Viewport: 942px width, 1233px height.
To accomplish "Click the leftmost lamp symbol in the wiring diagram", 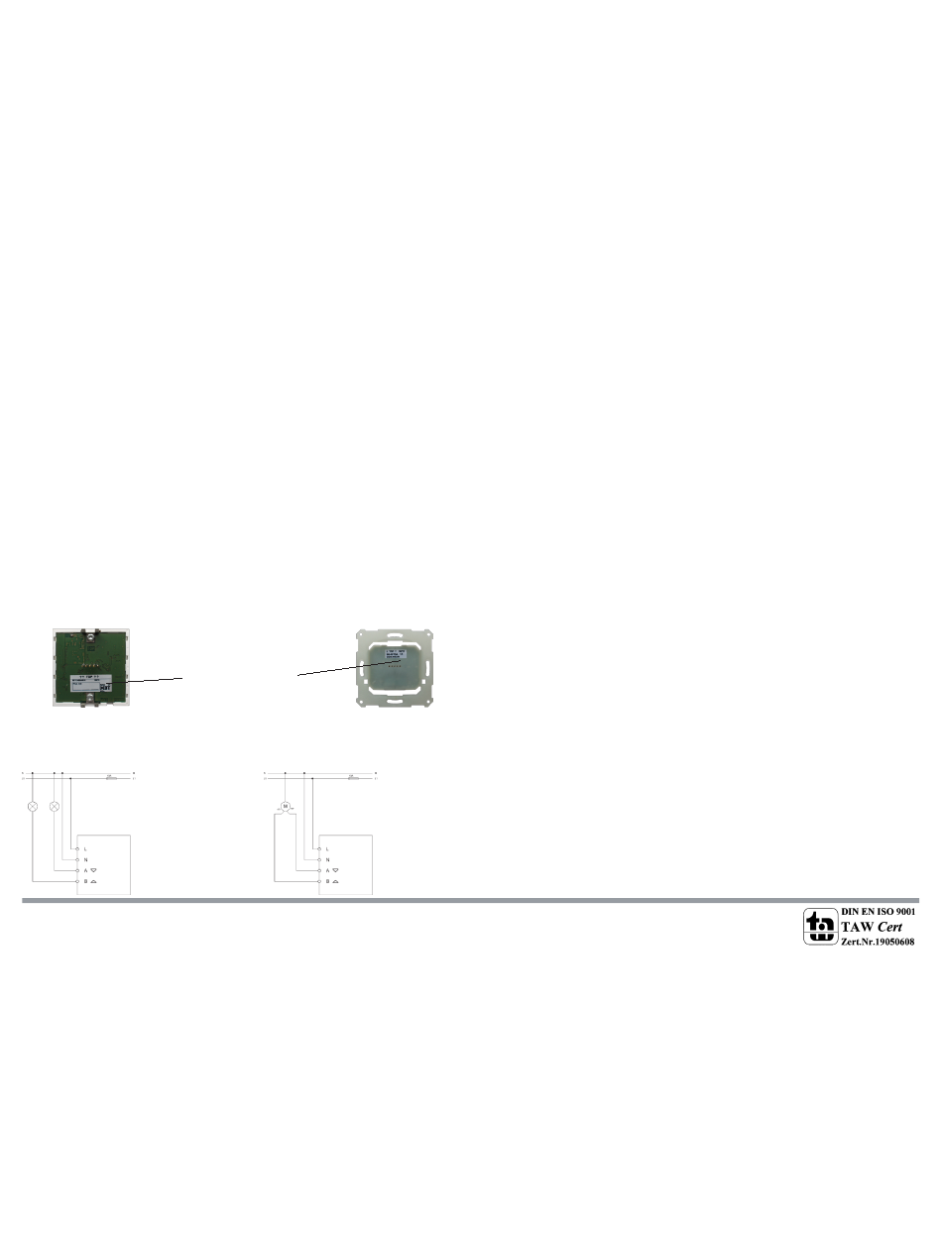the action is [x=33, y=806].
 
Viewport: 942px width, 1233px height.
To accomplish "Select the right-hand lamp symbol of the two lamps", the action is [x=55, y=806].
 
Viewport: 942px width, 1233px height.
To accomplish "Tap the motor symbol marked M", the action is [x=286, y=806].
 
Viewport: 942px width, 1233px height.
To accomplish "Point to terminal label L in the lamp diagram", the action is [x=86, y=849].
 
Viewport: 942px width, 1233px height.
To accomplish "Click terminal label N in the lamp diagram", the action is [x=86, y=859].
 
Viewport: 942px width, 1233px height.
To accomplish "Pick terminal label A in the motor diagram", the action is [x=327, y=870].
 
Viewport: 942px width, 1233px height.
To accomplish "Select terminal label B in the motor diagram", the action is [x=327, y=880].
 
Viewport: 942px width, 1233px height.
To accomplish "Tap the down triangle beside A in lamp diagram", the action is [x=96, y=870].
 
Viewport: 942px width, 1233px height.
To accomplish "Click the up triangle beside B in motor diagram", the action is [x=338, y=880].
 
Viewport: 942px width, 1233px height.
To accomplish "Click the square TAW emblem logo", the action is [x=819, y=926].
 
